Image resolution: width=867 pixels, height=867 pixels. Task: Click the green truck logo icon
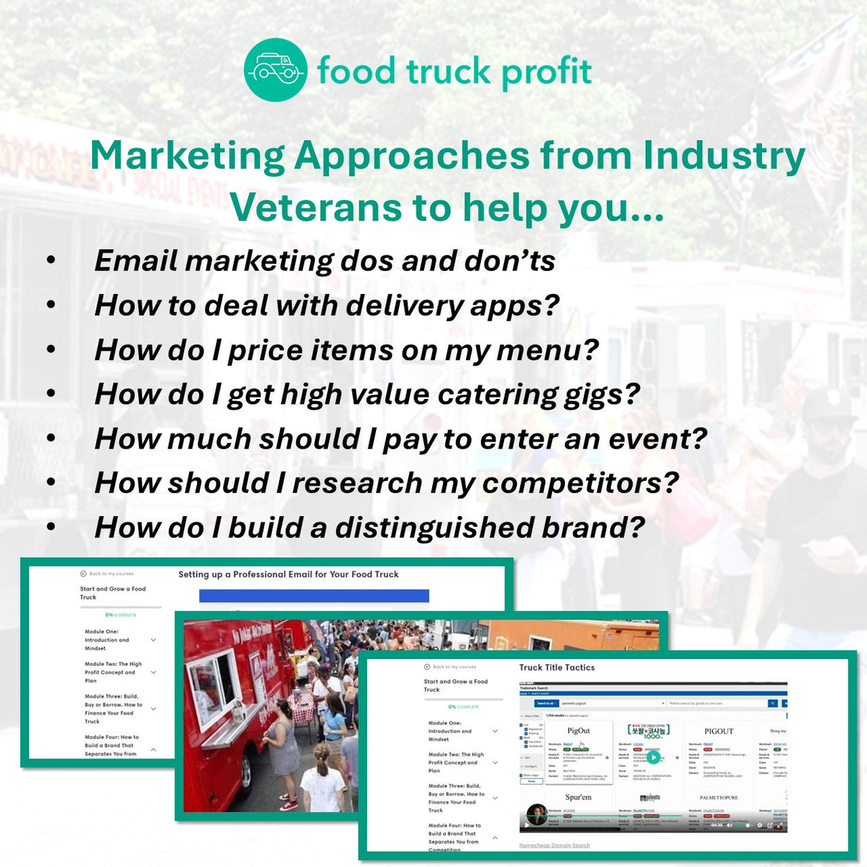pos(275,70)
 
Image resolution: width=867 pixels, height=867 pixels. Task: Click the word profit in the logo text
pos(546,71)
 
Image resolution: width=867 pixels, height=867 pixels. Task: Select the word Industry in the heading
pos(724,156)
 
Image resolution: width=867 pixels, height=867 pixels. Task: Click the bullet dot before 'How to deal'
pos(51,305)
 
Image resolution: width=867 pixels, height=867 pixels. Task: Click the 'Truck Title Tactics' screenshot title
pos(557,667)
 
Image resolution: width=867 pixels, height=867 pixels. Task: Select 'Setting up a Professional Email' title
pos(288,574)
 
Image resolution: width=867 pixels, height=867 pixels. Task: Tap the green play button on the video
pos(653,756)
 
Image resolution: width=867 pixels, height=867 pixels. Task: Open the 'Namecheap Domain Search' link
pos(554,845)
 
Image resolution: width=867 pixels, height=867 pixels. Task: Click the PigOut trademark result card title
pos(578,731)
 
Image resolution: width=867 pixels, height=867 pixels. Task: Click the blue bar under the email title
pos(313,596)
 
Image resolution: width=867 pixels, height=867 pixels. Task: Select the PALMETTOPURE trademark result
pos(718,797)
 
